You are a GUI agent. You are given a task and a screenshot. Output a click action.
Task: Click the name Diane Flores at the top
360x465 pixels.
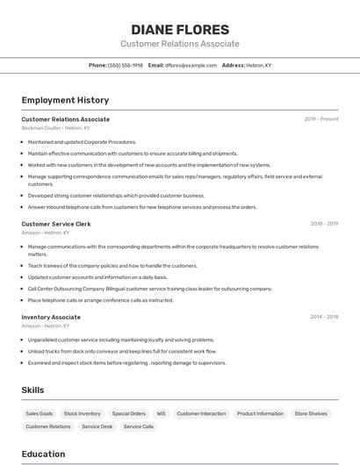click(180, 29)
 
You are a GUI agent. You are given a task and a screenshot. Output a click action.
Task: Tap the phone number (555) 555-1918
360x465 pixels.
click(126, 65)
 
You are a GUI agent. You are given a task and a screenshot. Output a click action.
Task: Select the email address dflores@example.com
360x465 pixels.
click(191, 65)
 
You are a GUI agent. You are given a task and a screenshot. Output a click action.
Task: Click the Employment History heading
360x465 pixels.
click(65, 100)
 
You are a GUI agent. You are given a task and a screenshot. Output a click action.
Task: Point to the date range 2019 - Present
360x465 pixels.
click(320, 119)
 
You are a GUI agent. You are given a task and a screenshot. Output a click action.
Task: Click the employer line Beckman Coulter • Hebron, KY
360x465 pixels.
click(55, 128)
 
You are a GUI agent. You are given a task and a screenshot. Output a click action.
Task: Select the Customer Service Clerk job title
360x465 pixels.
click(56, 224)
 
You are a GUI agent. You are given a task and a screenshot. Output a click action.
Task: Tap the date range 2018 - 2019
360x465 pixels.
click(324, 224)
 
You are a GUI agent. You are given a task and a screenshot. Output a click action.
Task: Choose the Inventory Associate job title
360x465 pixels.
click(51, 317)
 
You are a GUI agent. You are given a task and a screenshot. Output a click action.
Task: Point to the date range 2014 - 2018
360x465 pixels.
click(324, 317)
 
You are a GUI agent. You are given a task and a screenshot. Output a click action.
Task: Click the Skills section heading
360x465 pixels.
click(32, 390)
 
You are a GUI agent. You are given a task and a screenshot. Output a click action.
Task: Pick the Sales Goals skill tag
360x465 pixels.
click(39, 413)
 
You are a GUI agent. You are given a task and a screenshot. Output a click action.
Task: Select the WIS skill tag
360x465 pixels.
click(161, 413)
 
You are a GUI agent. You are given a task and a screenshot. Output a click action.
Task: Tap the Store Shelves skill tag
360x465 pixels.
click(311, 413)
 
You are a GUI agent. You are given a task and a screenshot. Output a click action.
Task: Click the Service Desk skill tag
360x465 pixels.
click(97, 426)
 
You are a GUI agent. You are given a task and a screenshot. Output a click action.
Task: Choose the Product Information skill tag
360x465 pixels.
click(260, 413)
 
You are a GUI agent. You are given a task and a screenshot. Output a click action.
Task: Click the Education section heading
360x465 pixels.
click(43, 454)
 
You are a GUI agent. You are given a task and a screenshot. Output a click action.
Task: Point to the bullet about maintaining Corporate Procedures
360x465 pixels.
click(82, 141)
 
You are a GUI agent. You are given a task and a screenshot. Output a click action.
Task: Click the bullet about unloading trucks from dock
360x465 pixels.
click(121, 351)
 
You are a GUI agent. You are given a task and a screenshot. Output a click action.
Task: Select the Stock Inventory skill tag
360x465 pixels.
click(83, 413)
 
